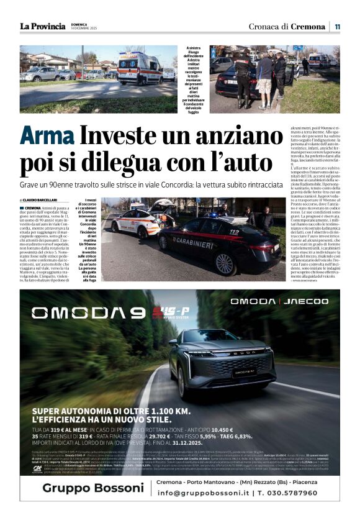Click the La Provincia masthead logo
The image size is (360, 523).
point(42,26)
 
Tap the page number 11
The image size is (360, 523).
point(336,27)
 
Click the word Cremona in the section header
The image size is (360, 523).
point(308,27)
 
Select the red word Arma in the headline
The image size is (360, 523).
point(47,135)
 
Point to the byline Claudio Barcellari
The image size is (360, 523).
point(43,199)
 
